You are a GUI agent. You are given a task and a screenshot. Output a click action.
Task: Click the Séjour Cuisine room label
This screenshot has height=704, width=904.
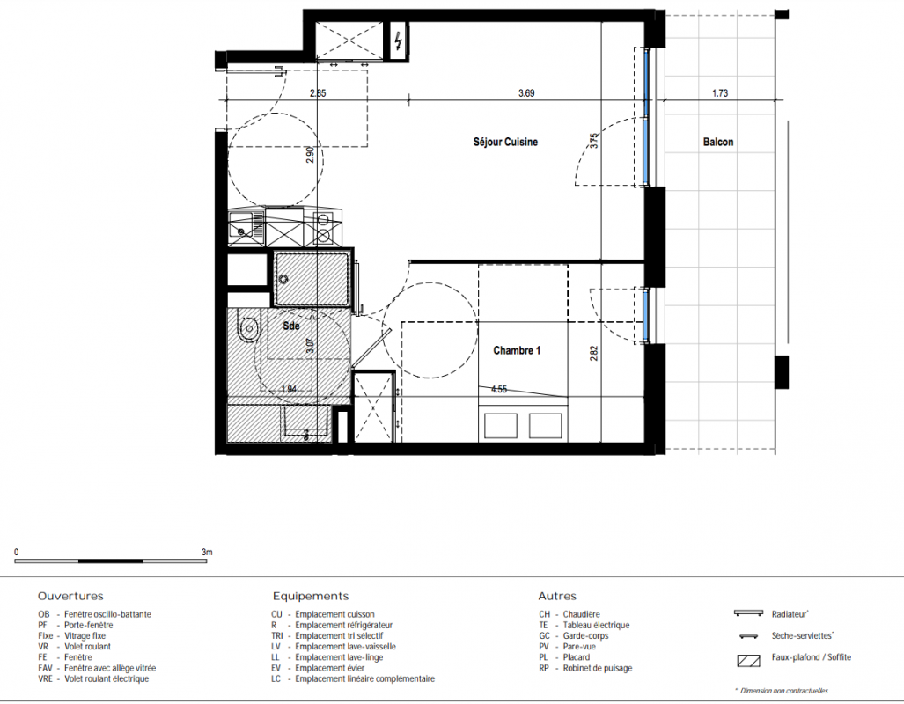[x=505, y=142]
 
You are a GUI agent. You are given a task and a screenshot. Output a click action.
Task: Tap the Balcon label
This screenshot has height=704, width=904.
[x=718, y=142]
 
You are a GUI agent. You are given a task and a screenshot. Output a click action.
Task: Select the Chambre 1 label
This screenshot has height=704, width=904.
[x=518, y=350]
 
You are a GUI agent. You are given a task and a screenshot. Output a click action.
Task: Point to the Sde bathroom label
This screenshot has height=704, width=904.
[x=291, y=326]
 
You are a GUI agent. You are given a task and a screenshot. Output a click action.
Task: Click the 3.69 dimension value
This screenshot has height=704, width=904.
[x=526, y=92]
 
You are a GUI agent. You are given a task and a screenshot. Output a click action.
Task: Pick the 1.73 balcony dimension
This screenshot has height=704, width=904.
[x=720, y=92]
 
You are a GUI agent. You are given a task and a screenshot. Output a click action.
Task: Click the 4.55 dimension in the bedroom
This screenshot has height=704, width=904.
[x=499, y=389]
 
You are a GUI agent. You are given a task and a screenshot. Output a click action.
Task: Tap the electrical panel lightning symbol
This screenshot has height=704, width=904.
[x=399, y=40]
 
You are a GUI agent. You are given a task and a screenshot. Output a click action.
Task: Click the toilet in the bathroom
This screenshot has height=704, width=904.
[x=248, y=329]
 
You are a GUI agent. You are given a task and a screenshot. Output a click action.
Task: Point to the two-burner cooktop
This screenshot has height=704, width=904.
[x=323, y=227]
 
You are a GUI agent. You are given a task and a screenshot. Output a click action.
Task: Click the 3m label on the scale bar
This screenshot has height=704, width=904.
[x=207, y=553]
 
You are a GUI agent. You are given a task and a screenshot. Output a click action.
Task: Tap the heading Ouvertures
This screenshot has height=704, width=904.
[x=71, y=596]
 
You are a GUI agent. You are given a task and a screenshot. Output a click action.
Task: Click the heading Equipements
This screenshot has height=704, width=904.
[x=311, y=596]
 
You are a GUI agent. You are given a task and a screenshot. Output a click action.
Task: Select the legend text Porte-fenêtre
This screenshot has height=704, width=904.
[x=88, y=625]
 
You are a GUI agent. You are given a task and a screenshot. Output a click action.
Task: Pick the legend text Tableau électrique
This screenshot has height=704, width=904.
[x=596, y=625]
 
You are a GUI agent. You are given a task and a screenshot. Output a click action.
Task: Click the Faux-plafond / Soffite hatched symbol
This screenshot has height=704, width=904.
[x=748, y=660]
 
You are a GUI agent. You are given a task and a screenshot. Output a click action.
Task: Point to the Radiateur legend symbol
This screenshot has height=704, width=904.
[x=748, y=613]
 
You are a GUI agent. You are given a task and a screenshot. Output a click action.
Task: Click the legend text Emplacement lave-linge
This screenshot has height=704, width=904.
[x=339, y=657]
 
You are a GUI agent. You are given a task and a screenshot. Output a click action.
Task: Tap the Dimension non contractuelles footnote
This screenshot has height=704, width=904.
[x=783, y=691]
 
